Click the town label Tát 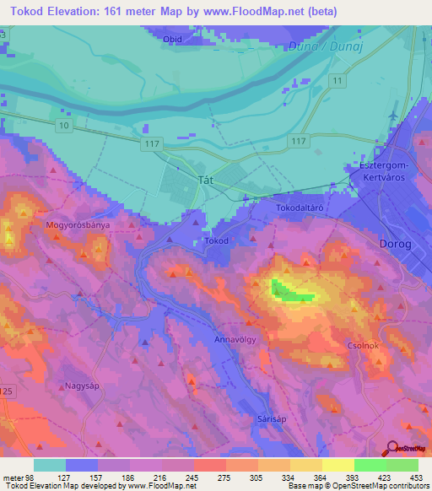tap(203, 181)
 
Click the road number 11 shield tap(337, 80)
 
